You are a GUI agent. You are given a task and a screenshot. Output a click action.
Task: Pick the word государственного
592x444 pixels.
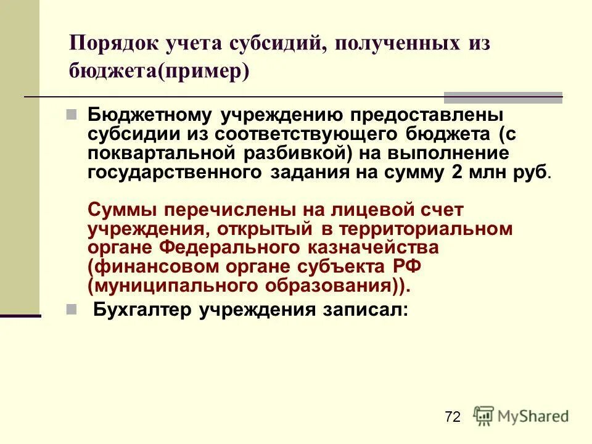[x=176, y=173]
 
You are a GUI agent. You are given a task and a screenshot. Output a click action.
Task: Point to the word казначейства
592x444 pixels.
[x=377, y=249]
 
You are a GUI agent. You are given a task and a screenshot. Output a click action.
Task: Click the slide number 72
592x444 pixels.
[x=452, y=417]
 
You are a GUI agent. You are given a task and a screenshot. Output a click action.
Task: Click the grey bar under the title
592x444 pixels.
[x=503, y=97]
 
